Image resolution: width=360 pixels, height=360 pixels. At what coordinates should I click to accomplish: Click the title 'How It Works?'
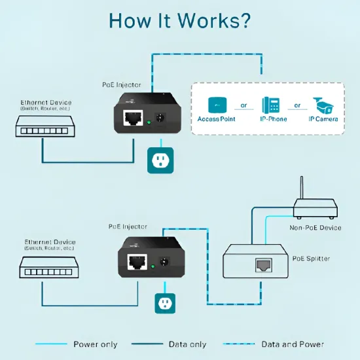tap(179, 20)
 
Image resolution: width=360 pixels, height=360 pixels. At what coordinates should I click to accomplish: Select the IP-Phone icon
tap(270, 105)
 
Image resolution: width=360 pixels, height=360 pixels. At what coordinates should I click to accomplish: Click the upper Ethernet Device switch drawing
tap(43, 126)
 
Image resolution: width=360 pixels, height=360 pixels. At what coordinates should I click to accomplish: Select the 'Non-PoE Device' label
tap(315, 228)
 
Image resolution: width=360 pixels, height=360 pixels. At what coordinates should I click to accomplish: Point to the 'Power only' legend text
tap(95, 344)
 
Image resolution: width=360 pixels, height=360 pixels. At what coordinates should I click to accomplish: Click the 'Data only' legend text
tap(187, 344)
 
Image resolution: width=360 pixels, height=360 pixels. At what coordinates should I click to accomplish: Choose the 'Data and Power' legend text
tap(293, 344)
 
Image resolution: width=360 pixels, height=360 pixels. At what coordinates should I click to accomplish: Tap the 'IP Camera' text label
tap(323, 119)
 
